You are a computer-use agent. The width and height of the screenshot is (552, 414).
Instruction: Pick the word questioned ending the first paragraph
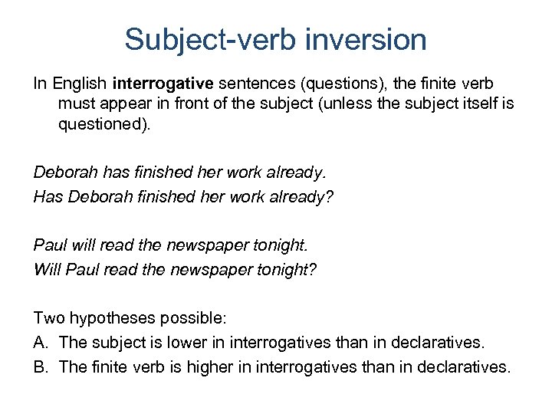tap(103, 123)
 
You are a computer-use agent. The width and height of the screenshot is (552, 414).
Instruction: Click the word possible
tap(206, 317)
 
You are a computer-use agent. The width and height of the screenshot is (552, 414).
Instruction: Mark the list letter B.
tap(41, 366)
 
